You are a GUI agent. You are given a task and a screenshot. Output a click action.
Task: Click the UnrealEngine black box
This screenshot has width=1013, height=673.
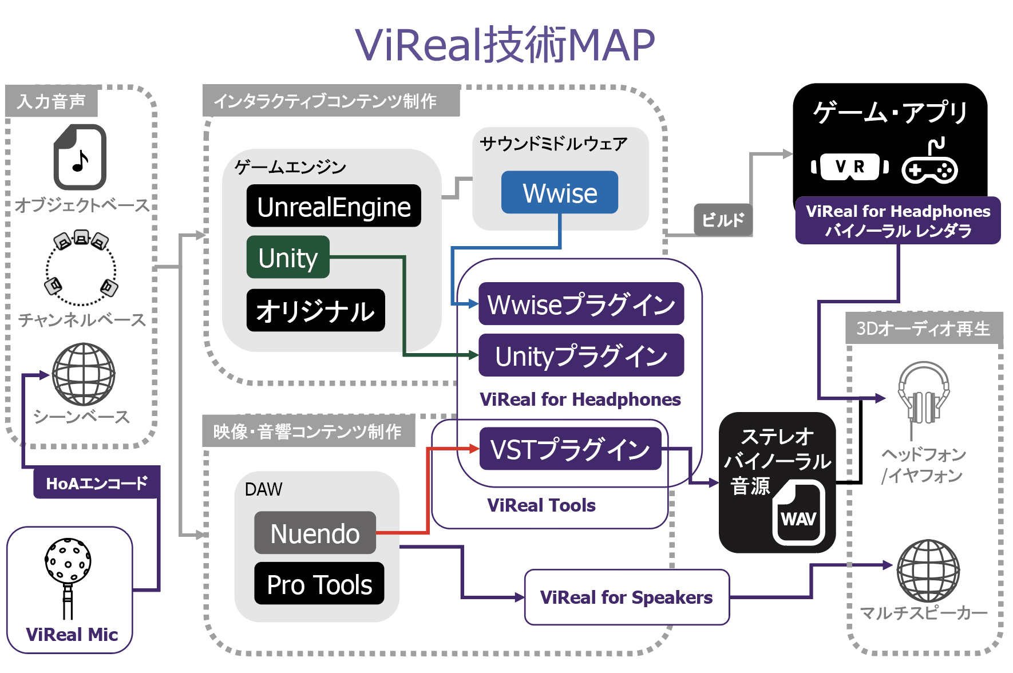[334, 206]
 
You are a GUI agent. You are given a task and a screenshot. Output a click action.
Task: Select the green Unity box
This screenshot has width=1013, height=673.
[288, 257]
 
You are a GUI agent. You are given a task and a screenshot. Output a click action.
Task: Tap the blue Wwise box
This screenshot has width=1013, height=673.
[560, 192]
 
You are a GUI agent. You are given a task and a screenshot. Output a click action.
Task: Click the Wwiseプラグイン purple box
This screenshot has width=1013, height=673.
[581, 304]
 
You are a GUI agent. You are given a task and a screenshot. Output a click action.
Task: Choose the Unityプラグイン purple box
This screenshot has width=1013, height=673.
[581, 355]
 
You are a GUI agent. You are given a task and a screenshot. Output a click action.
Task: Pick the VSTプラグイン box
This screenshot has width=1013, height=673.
[571, 449]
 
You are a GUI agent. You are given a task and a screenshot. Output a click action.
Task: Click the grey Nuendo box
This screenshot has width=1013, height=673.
[315, 533]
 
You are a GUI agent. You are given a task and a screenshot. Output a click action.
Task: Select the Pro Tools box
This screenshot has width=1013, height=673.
[319, 584]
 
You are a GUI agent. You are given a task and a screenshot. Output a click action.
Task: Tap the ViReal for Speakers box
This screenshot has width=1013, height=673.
[627, 597]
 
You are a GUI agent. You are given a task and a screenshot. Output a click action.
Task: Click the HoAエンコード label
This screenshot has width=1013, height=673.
[97, 484]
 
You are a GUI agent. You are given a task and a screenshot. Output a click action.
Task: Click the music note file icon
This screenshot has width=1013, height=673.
[80, 157]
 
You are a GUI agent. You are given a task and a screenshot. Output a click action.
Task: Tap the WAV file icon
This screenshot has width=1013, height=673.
[799, 512]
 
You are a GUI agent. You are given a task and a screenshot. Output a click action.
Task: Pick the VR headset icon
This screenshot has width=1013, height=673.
[850, 167]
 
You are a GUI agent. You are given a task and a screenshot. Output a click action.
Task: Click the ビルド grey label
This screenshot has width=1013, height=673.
[723, 220]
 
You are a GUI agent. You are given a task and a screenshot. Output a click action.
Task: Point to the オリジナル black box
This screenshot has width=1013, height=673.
[316, 310]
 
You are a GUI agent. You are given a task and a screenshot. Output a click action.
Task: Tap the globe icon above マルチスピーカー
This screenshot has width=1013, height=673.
[928, 571]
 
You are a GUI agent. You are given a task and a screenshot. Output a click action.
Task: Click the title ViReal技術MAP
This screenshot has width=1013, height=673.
[505, 45]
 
